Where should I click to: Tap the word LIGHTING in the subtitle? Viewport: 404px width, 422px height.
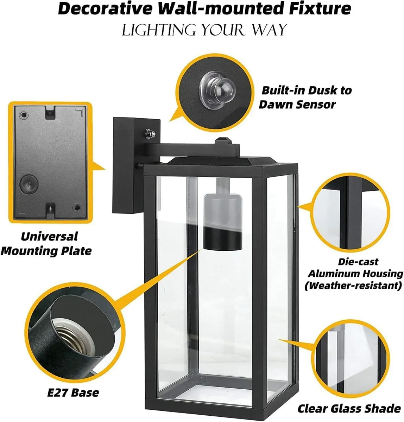[158, 30]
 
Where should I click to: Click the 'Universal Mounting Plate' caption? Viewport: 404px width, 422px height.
[46, 244]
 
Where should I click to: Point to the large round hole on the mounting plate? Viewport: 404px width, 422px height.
[29, 183]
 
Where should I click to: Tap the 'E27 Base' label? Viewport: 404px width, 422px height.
[73, 392]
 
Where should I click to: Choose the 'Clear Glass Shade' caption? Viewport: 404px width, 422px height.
[349, 409]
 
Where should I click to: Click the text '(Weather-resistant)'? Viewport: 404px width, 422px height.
[353, 286]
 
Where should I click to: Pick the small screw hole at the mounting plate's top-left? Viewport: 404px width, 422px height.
[24, 115]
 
